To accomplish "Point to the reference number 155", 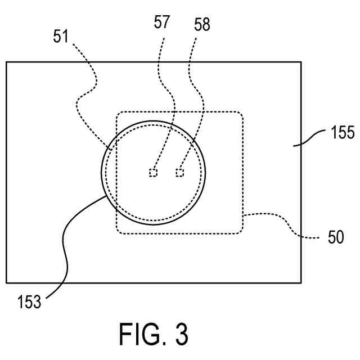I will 340,134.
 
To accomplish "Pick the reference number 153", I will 29,302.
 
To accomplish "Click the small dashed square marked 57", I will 152,173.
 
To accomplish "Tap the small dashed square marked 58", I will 179,173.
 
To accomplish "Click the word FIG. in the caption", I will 140,334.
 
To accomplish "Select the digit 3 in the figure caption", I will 180,334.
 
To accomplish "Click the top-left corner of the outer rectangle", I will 6,62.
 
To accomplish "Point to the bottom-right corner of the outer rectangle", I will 301,282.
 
